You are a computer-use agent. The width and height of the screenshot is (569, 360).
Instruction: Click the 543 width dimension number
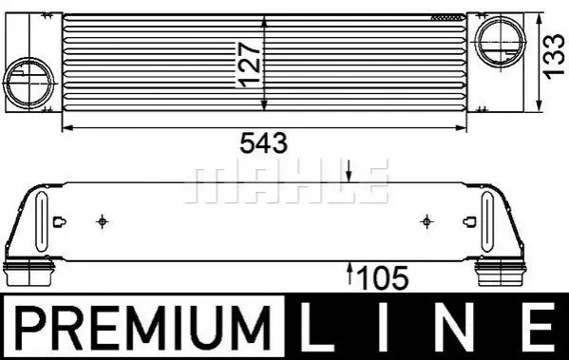(264, 142)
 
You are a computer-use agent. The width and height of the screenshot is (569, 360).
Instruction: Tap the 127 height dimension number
(249, 65)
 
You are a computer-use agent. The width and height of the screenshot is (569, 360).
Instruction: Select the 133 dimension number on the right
(554, 56)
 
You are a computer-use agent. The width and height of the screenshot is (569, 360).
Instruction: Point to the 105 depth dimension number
(383, 278)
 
